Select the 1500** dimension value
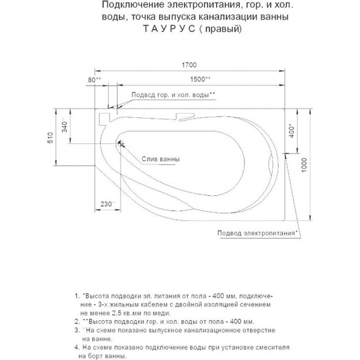[x=200, y=80]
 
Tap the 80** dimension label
[x=95, y=80]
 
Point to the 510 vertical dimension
[x=50, y=139]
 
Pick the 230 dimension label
[x=105, y=203]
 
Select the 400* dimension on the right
[x=292, y=133]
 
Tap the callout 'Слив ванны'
[x=159, y=159]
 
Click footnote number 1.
[x=76, y=296]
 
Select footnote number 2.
[x=76, y=320]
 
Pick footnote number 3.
[x=76, y=329]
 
